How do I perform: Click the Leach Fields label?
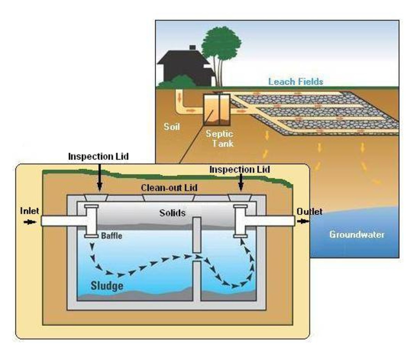click(296, 82)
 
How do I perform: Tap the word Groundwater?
click(357, 234)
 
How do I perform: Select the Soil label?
click(172, 126)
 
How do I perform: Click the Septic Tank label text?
click(219, 138)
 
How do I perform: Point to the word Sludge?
click(107, 286)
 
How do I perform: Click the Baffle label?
click(112, 236)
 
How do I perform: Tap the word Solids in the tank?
click(172, 213)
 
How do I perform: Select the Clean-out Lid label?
click(169, 188)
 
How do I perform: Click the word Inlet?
click(30, 211)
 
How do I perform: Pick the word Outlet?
click(309, 211)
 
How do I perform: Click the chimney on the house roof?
click(193, 48)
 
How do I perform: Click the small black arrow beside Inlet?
click(30, 222)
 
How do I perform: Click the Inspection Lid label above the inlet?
click(98, 157)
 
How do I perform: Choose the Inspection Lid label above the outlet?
click(239, 169)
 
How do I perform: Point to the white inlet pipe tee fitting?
click(91, 221)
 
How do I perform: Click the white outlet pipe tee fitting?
click(240, 221)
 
